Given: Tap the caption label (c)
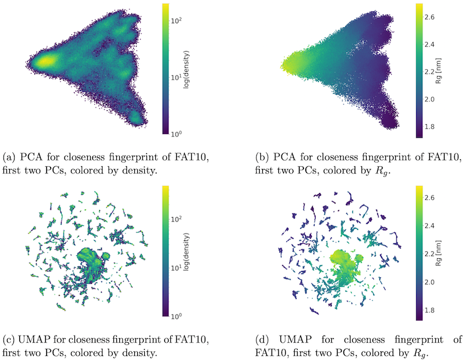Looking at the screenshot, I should tap(11, 339).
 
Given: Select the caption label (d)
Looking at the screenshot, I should tap(253, 339).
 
